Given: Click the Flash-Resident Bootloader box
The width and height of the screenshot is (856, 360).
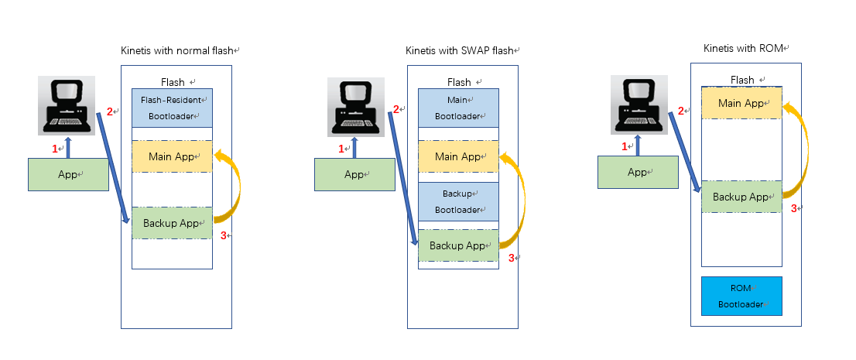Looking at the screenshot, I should click(x=172, y=108).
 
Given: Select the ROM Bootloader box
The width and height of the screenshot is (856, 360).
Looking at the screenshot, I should click(x=741, y=296).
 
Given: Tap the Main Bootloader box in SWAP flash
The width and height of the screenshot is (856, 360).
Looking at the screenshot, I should click(x=458, y=108).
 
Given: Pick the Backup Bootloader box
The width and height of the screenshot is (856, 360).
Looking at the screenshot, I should click(x=458, y=201).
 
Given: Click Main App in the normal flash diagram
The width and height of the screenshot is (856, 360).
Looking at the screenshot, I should click(x=172, y=156).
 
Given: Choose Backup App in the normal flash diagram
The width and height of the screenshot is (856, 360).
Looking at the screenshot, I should click(x=172, y=223).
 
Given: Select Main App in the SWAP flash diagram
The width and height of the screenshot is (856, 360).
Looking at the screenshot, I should click(x=458, y=156).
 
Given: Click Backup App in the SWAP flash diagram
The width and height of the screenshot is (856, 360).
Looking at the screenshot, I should click(x=458, y=245).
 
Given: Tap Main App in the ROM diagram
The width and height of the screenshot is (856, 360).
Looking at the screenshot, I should click(x=741, y=103).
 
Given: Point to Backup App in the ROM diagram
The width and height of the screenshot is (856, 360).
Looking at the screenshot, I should click(x=741, y=197).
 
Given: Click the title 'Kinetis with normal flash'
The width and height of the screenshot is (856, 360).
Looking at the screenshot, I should click(x=177, y=50).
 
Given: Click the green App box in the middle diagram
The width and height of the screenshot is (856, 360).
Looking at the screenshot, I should click(x=354, y=174).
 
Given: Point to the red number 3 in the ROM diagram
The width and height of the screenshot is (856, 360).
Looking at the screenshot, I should click(x=793, y=208).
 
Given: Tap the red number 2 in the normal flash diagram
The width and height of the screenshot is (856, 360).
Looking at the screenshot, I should click(x=109, y=111).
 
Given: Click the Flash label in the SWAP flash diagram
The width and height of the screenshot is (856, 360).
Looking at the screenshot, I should click(x=459, y=82).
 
